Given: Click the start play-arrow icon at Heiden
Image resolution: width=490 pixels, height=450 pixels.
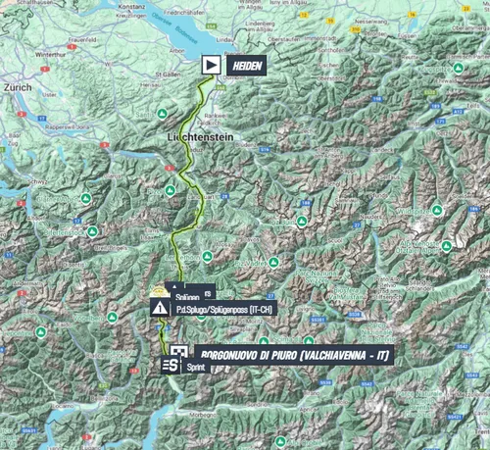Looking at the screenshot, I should [x=211, y=65].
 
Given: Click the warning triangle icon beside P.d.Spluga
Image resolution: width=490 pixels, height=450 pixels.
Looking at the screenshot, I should [x=159, y=308].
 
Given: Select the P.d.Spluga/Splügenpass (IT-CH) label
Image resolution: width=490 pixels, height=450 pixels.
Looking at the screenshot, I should [x=224, y=308].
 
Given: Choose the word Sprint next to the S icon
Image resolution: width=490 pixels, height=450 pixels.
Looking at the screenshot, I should [x=197, y=366].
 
